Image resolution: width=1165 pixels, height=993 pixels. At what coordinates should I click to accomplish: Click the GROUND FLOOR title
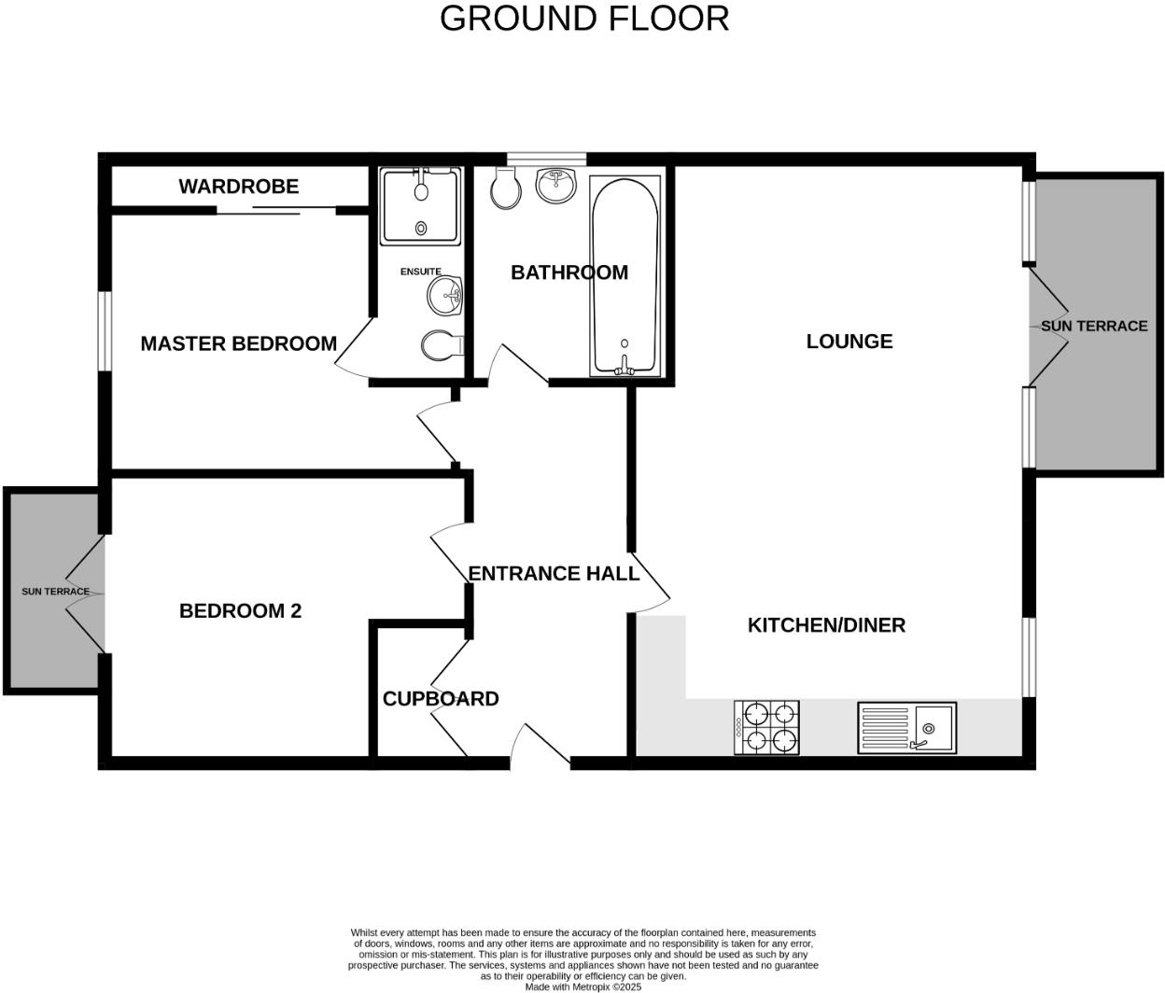pos(584,19)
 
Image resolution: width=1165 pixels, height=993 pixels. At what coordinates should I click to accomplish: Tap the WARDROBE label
pos(239,187)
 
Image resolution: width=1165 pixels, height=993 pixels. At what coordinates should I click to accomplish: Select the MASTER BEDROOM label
pos(239,343)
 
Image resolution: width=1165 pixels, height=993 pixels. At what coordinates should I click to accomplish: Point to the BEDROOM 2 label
pos(240,611)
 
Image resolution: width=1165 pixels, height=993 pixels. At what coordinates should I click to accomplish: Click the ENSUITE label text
pos(420,272)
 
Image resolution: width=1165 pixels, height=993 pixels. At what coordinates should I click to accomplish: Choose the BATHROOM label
pos(568,273)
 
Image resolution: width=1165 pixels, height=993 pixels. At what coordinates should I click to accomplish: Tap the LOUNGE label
pos(849,342)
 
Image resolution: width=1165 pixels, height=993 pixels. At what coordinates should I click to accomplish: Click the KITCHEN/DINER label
pos(826,625)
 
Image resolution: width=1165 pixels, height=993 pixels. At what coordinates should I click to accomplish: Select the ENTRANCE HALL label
pos(554,574)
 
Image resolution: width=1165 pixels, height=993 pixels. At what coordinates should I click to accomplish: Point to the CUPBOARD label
pos(441,699)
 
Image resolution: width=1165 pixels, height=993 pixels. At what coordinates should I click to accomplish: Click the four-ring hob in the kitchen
pos(766,728)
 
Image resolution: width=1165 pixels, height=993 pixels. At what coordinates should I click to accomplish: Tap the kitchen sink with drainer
pos(906,728)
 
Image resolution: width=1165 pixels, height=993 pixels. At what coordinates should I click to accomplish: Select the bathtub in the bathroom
pos(625,276)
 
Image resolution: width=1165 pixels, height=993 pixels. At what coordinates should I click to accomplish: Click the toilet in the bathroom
pos(505,189)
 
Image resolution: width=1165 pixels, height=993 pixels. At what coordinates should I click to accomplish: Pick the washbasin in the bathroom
pos(556,184)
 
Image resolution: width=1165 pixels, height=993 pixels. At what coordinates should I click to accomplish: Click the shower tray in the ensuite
pos(420,207)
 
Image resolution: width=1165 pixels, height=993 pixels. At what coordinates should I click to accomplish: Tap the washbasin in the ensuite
pos(446,296)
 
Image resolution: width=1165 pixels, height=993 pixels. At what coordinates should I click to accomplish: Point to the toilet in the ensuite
pos(442,346)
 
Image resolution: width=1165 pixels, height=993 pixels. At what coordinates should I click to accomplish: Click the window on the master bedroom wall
pos(106,330)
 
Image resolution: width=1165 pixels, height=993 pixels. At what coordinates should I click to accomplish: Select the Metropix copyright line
pos(583,986)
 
